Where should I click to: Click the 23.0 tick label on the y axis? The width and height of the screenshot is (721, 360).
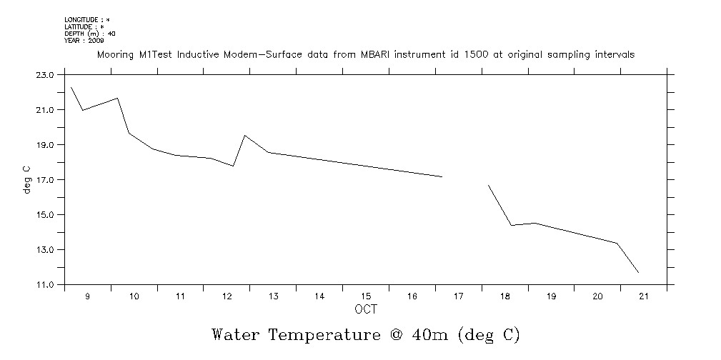(45, 74)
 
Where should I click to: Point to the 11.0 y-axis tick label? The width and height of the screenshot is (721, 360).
(45, 284)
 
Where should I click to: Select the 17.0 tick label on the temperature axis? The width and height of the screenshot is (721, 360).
(45, 179)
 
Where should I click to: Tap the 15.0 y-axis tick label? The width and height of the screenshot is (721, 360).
(45, 214)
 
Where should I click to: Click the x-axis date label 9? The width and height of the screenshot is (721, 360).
(88, 296)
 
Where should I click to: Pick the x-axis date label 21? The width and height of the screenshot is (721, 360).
(644, 296)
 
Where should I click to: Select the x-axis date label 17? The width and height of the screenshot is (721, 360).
(459, 296)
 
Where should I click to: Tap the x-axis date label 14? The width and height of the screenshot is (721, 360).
(319, 296)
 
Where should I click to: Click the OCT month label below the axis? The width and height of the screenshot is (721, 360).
(366, 309)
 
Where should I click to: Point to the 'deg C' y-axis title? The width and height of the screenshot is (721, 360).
(27, 179)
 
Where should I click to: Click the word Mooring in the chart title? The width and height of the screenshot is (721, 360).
(114, 55)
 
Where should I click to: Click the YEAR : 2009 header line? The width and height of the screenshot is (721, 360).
(84, 41)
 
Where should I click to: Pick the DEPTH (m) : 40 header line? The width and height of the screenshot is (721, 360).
(90, 34)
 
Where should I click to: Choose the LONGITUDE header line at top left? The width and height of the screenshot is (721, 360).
(87, 19)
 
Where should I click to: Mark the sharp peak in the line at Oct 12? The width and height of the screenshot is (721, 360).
(245, 135)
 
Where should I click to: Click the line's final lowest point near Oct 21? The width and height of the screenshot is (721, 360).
(638, 273)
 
